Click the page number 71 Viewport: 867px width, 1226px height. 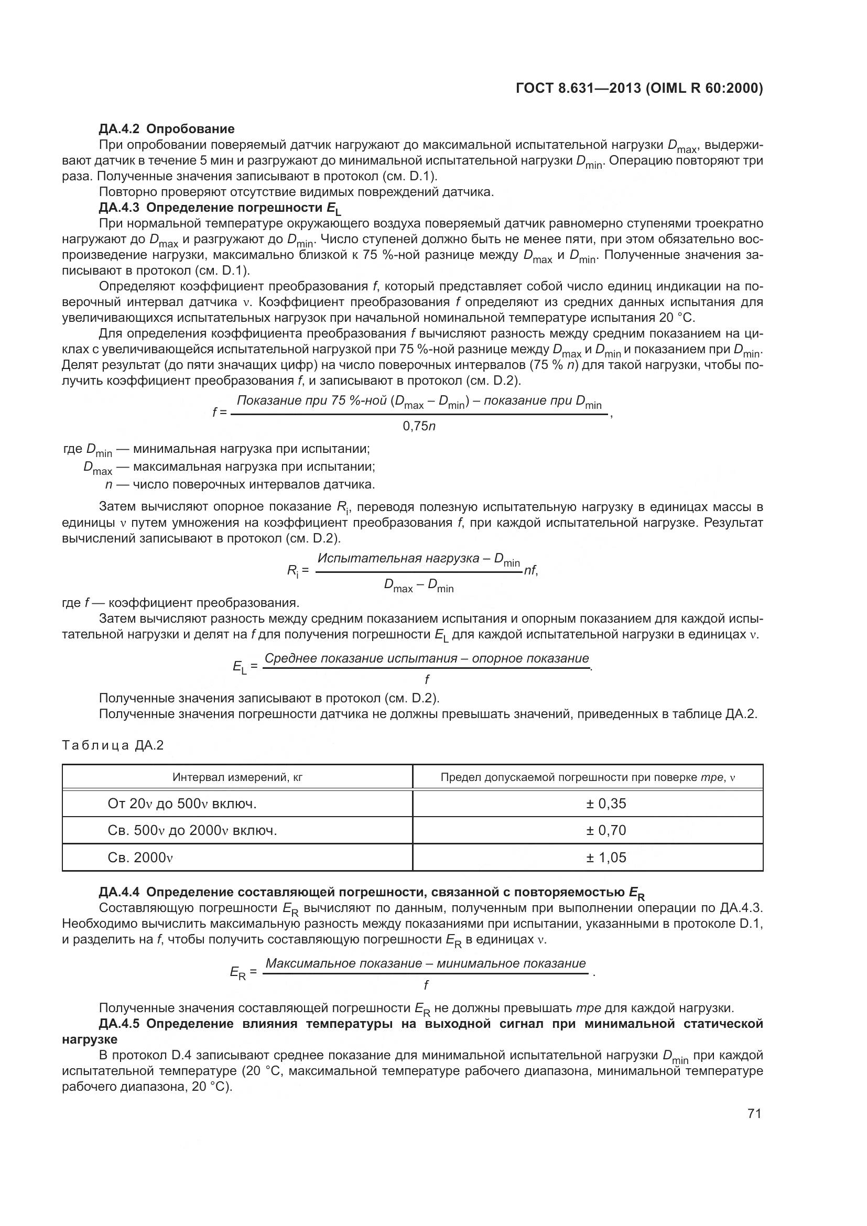click(x=754, y=1113)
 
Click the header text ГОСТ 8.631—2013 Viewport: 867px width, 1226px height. click(x=579, y=88)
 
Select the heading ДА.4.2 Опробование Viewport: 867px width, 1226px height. click(x=167, y=129)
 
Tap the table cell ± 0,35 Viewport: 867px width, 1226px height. click(x=606, y=804)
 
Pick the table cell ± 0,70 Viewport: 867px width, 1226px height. click(x=606, y=830)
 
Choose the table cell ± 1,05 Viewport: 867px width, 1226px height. click(x=606, y=858)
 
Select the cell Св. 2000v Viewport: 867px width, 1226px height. click(x=140, y=858)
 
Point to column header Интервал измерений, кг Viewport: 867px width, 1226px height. click(x=237, y=777)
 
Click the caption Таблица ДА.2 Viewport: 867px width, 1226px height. click(x=113, y=745)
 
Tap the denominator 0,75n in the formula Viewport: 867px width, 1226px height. click(x=419, y=426)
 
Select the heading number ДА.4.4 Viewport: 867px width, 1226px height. click(x=121, y=892)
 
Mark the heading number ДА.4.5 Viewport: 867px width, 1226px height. click(x=121, y=1024)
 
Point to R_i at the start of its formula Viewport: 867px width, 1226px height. click(x=293, y=571)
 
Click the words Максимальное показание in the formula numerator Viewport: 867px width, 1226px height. click(x=344, y=963)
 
